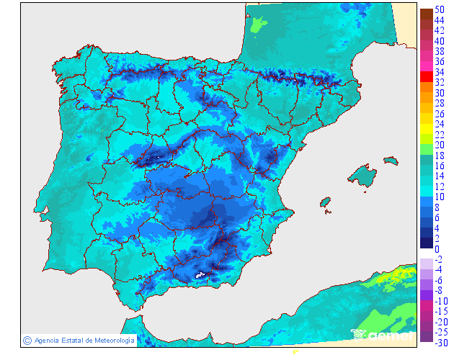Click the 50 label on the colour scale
pyautogui.click(x=438, y=9)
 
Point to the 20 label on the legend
pyautogui.click(x=438, y=145)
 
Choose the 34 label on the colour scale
pyautogui.click(x=438, y=72)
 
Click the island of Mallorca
pyautogui.click(x=362, y=175)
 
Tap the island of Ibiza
pyautogui.click(x=325, y=203)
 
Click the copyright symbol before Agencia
pyautogui.click(x=27, y=340)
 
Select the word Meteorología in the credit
pyautogui.click(x=110, y=340)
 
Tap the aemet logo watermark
pyautogui.click(x=382, y=335)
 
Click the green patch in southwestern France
pyautogui.click(x=258, y=26)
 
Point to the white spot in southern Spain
pyautogui.click(x=201, y=274)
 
